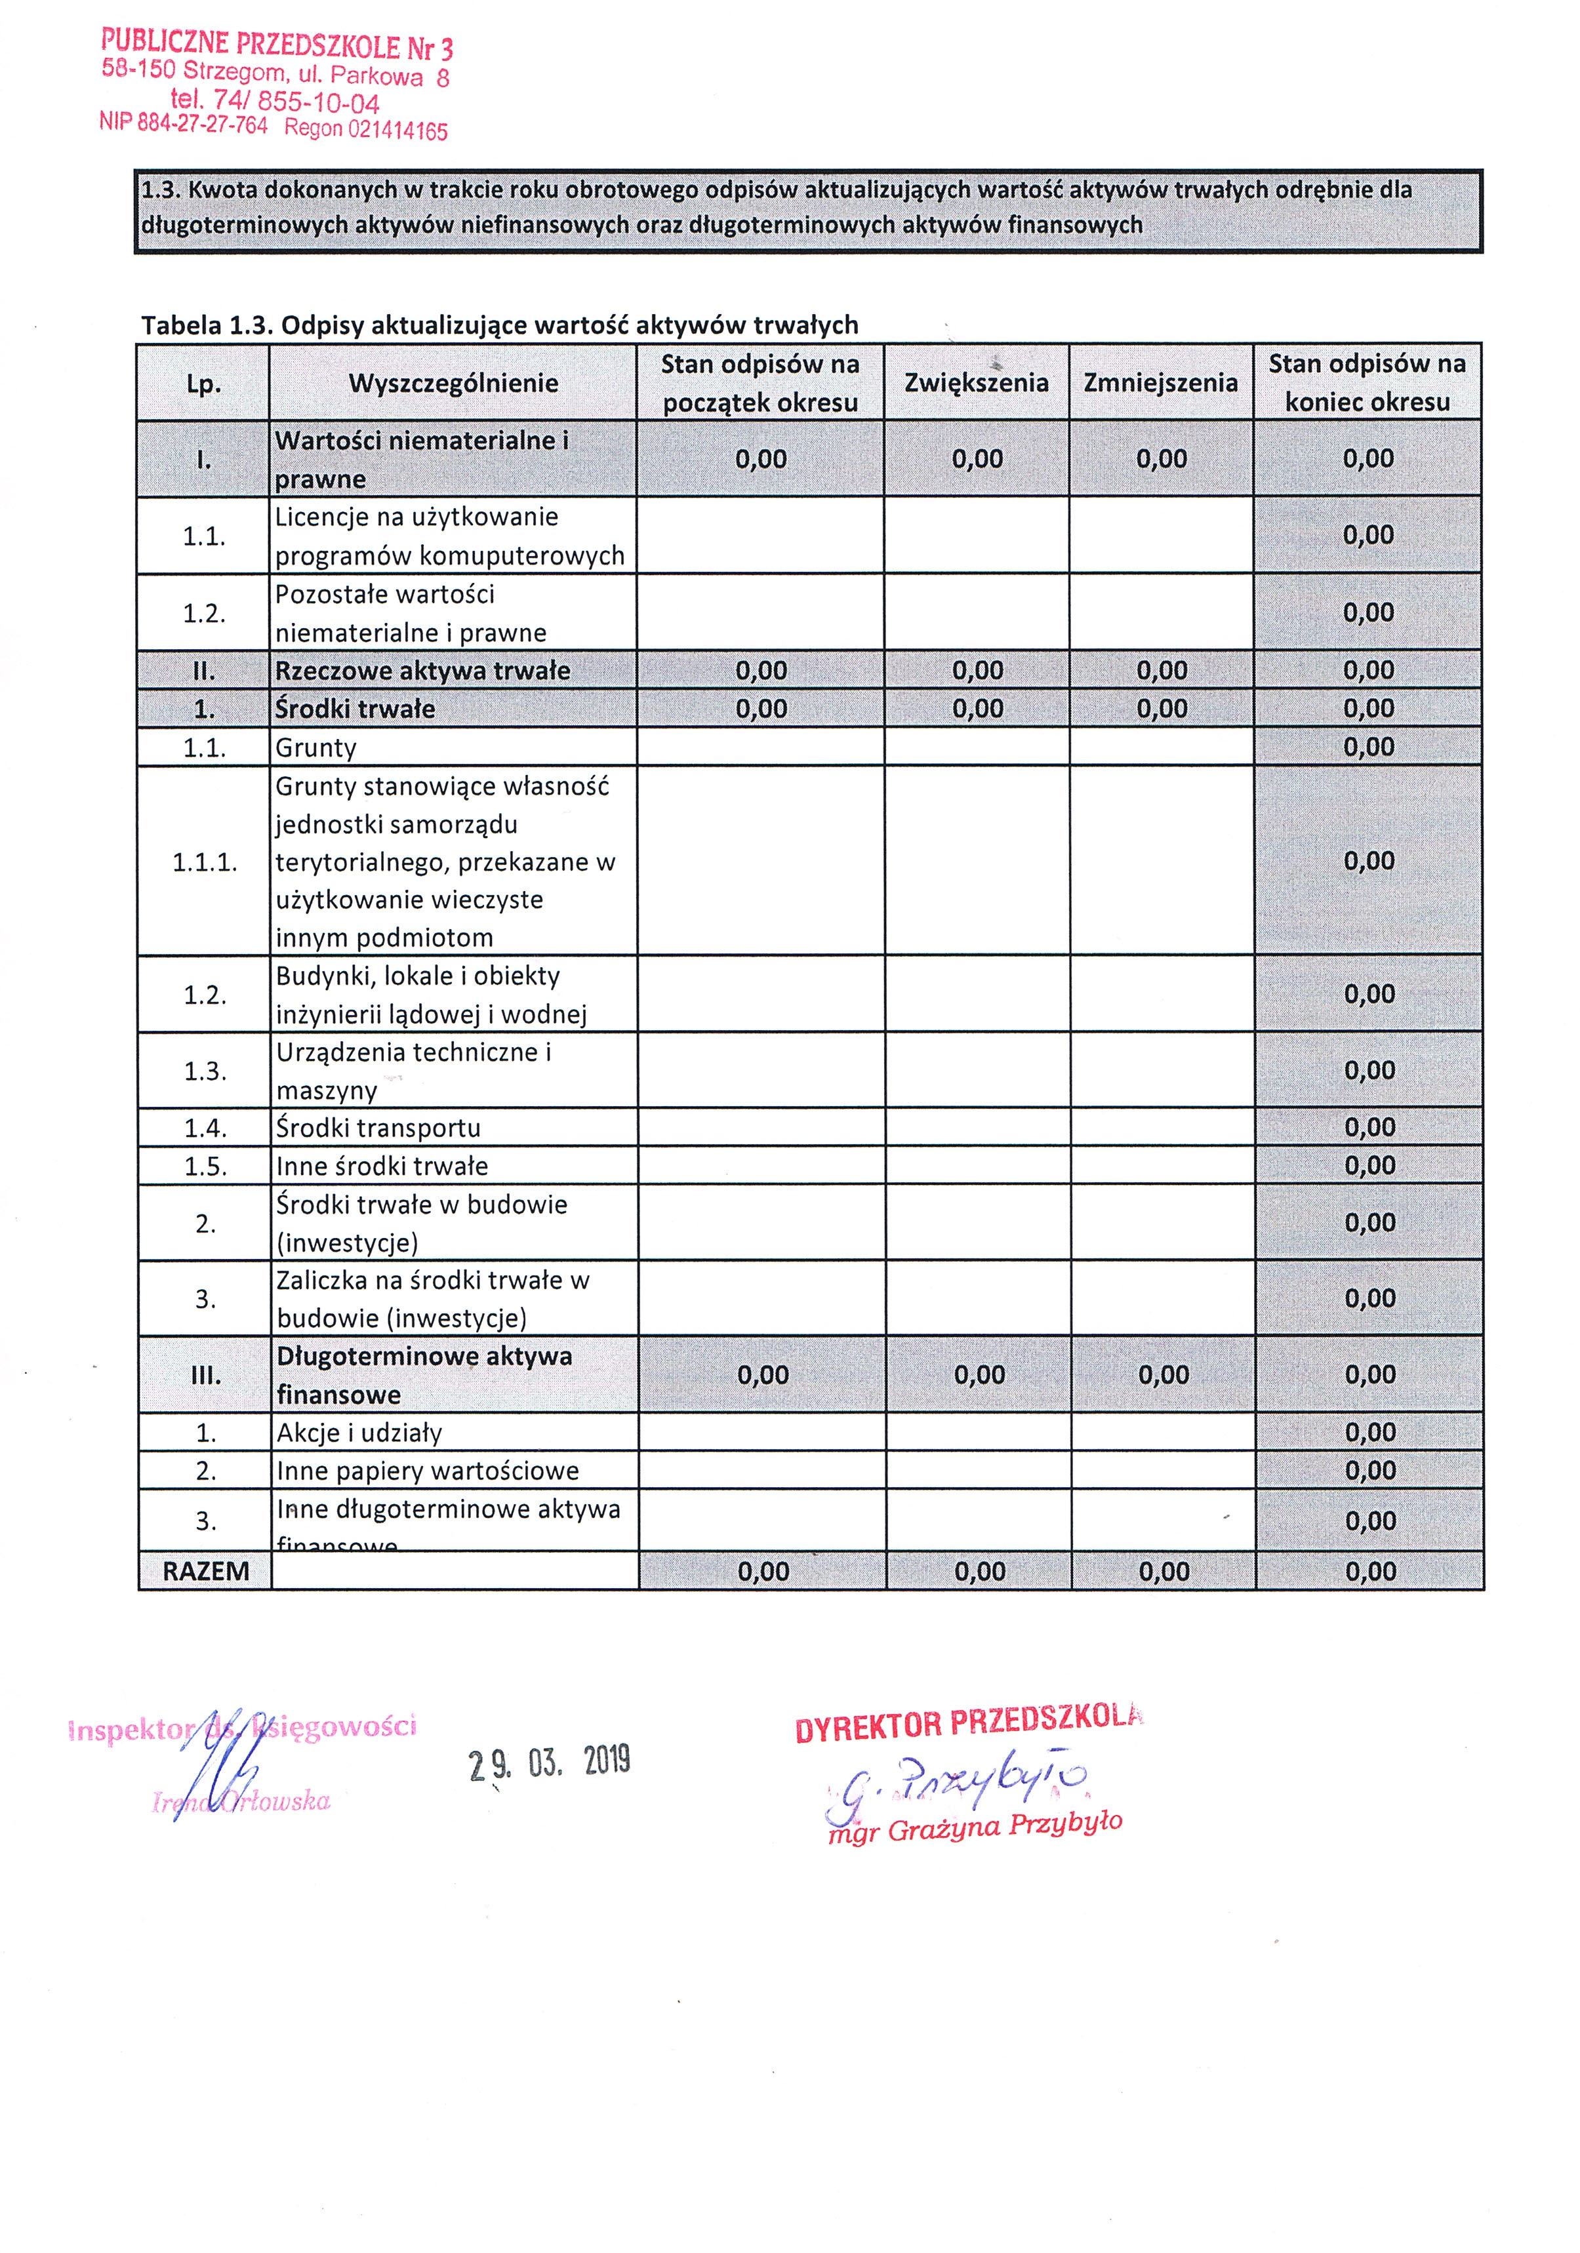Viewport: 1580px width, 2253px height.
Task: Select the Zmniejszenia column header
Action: coord(1160,383)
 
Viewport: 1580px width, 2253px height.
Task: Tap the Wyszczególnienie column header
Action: coord(453,383)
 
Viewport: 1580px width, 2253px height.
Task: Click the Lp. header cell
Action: coord(203,384)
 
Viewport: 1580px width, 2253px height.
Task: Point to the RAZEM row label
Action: coord(205,1571)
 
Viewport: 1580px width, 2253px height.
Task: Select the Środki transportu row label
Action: coord(378,1127)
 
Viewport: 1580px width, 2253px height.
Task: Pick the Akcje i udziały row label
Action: coord(359,1433)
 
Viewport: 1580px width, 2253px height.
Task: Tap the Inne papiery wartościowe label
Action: coord(427,1471)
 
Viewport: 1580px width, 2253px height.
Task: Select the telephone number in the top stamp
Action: coord(275,102)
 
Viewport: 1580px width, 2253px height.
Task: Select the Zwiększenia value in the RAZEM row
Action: coord(979,1572)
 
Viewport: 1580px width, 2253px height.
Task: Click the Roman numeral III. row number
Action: coord(205,1375)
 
